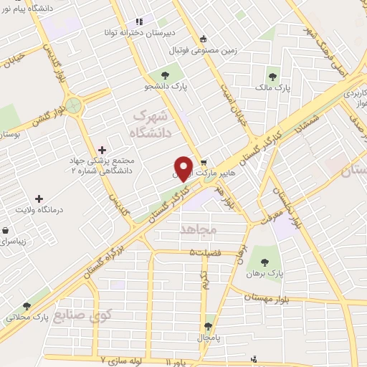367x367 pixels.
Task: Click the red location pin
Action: point(184,168)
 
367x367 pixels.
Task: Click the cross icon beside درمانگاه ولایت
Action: point(39,198)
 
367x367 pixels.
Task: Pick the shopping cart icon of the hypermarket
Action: point(204,163)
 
